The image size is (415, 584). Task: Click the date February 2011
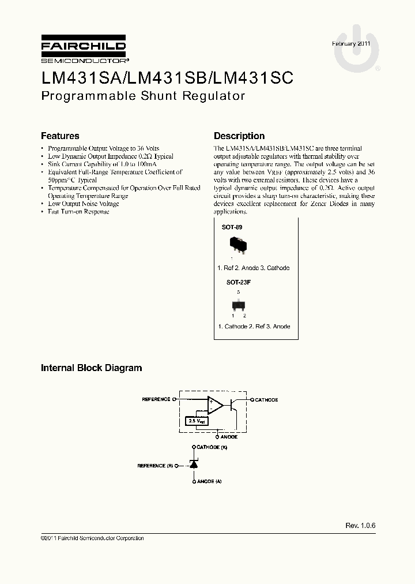coord(352,44)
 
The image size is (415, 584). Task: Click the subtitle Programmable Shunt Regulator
coord(143,96)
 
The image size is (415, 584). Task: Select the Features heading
coord(60,136)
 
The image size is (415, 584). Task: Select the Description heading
coord(239,136)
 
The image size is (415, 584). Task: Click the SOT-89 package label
coord(232,227)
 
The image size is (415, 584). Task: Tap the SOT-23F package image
coord(238,305)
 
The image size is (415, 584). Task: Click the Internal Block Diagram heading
coord(91,368)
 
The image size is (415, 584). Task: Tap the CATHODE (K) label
coord(212,448)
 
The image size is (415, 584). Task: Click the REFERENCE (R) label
coord(155,465)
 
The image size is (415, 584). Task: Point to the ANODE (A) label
coord(209,481)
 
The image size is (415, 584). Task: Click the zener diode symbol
coord(194,464)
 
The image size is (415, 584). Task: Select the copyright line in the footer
coord(92,538)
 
